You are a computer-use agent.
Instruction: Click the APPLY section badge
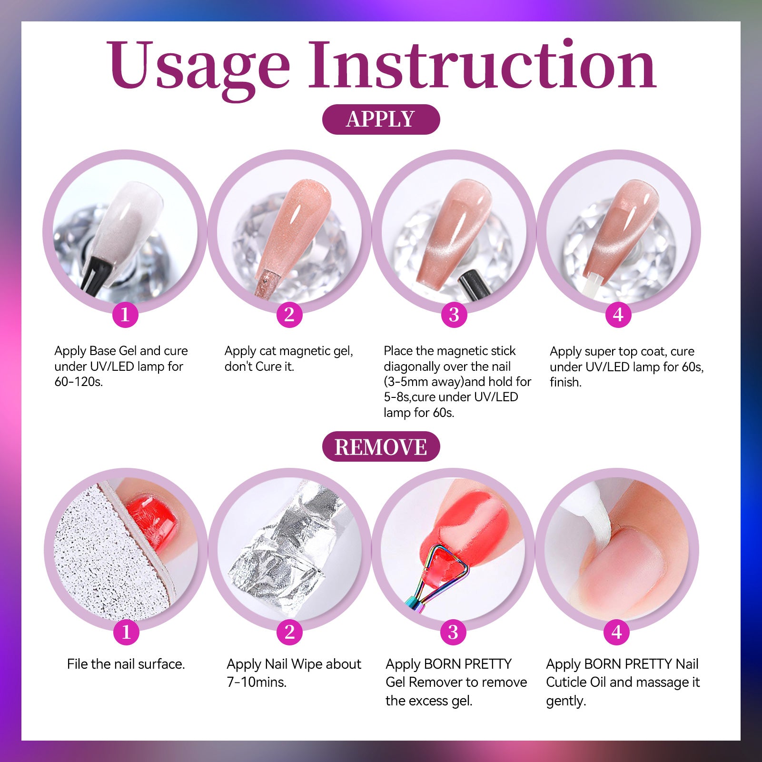pyautogui.click(x=381, y=119)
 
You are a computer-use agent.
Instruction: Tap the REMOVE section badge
pyautogui.click(x=381, y=446)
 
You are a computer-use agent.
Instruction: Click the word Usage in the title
pyautogui.click(x=198, y=67)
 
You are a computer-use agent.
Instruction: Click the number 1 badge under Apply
pyautogui.click(x=125, y=315)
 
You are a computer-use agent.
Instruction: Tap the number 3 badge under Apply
pyautogui.click(x=454, y=315)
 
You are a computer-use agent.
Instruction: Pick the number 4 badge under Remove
pyautogui.click(x=617, y=632)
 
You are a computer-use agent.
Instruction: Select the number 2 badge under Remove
pyautogui.click(x=289, y=632)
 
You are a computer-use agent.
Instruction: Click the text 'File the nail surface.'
pyautogui.click(x=126, y=664)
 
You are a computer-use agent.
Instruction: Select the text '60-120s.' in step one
pyautogui.click(x=79, y=382)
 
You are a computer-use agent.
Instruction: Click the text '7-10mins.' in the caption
pyautogui.click(x=257, y=682)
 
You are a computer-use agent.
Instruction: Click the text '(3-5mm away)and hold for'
pyautogui.click(x=457, y=382)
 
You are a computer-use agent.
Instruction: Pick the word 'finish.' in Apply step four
pyautogui.click(x=565, y=382)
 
